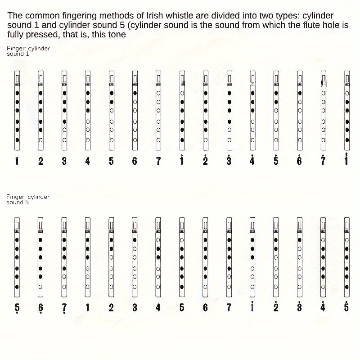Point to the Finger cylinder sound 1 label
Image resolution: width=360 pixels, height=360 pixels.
click(x=28, y=51)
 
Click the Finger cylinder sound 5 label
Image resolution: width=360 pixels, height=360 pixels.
click(x=28, y=199)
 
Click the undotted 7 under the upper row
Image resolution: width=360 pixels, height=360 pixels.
click(x=158, y=161)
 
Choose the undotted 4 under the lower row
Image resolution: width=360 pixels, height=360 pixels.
click(x=158, y=307)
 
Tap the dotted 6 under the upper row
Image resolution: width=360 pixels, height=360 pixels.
click(x=299, y=161)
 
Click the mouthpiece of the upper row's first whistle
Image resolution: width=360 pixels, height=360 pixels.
click(x=17, y=77)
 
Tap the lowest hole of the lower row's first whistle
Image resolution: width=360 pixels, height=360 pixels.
click(x=17, y=287)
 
